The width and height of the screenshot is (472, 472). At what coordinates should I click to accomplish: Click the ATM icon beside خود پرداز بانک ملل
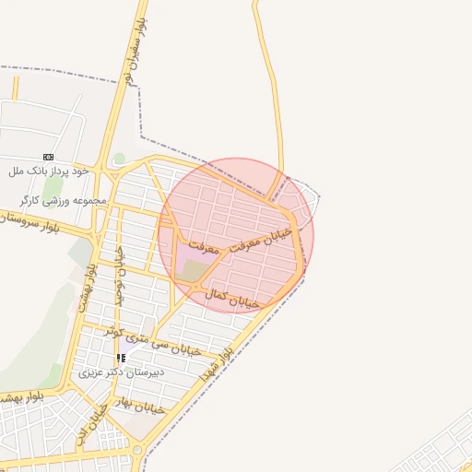point(48,157)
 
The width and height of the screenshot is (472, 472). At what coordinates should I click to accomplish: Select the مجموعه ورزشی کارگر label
point(63,200)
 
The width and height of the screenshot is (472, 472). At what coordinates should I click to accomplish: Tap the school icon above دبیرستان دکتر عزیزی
point(121,358)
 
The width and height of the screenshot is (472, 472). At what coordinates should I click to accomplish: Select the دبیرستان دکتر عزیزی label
point(122,372)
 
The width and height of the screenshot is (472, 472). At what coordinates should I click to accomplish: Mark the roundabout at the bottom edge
point(137,451)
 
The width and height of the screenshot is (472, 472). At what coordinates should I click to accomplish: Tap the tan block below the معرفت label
point(195,270)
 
